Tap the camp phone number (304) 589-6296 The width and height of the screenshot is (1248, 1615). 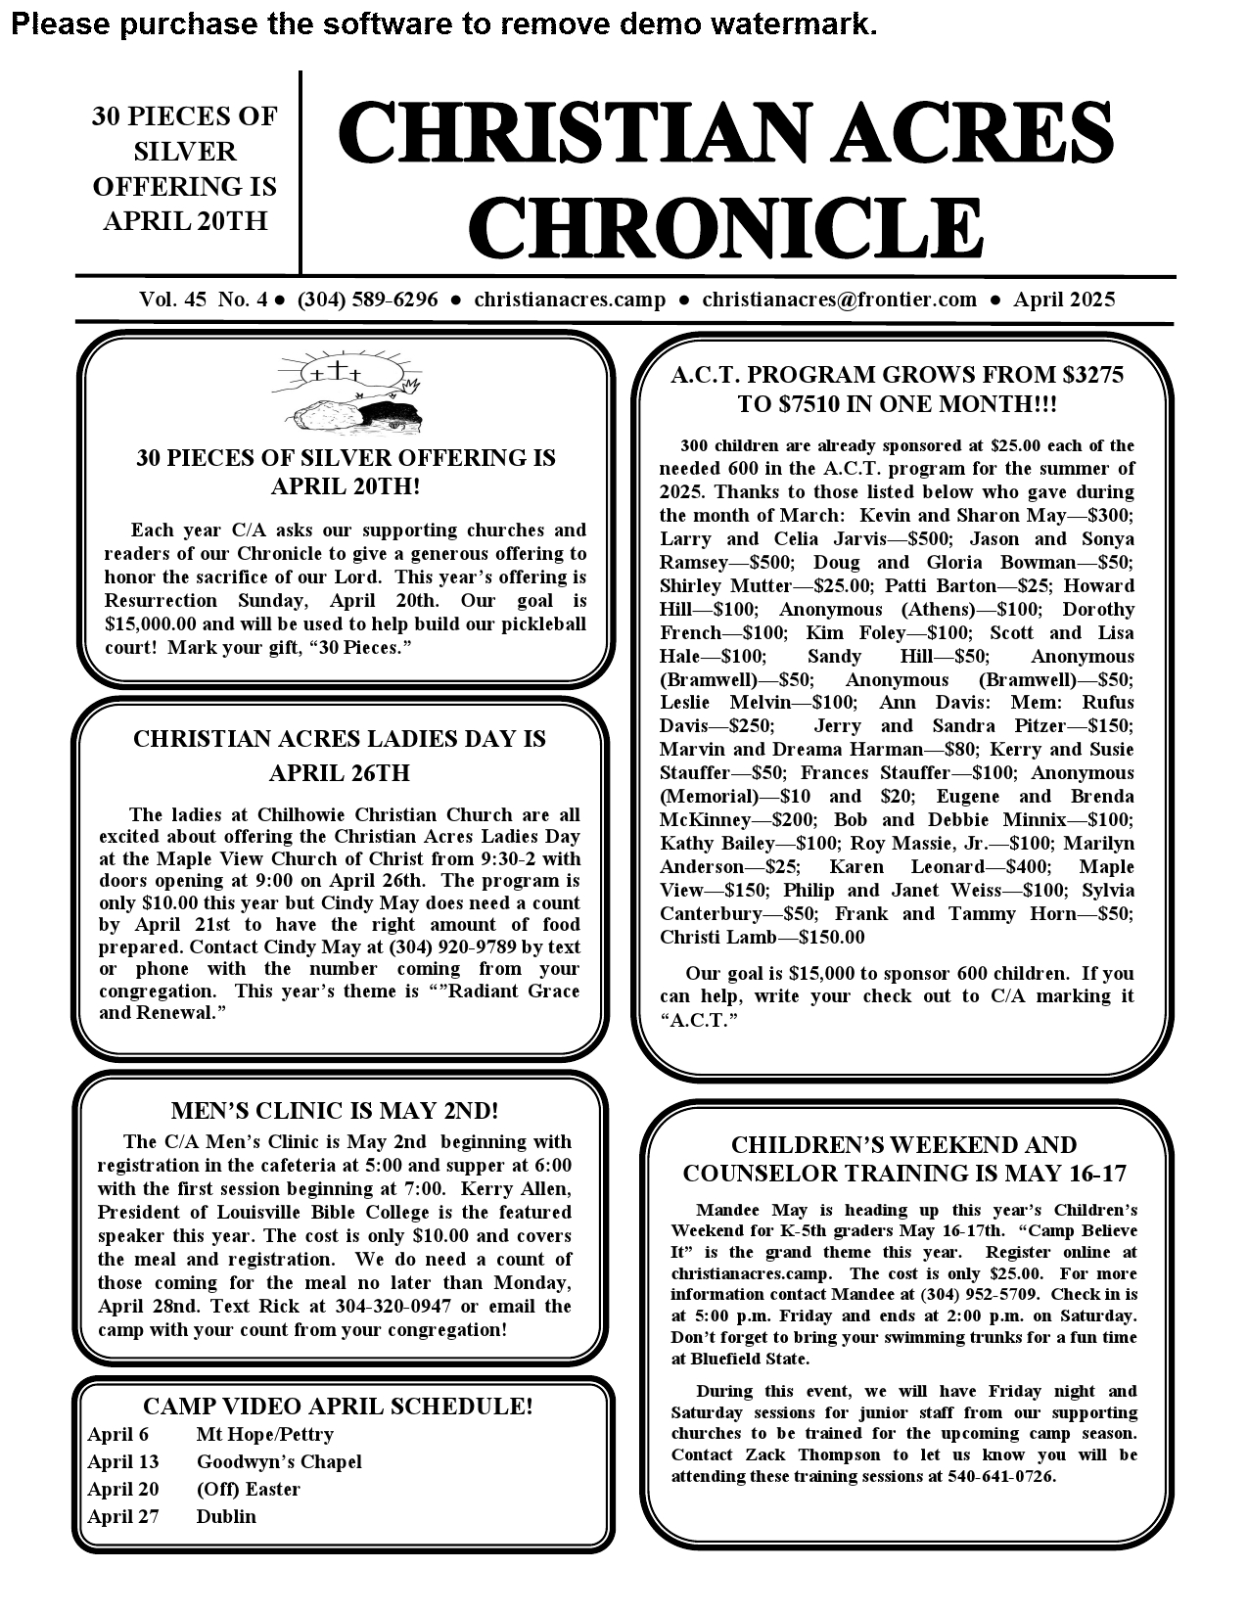click(367, 300)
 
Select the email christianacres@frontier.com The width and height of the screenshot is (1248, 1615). click(839, 300)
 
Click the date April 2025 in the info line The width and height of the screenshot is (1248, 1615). click(1063, 300)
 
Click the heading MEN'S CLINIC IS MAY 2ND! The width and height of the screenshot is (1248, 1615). click(335, 1110)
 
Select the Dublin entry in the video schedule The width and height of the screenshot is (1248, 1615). click(226, 1516)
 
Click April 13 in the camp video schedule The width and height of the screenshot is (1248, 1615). click(122, 1461)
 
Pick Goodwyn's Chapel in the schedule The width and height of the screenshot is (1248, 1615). click(279, 1461)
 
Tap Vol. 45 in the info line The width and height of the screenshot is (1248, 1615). click(172, 300)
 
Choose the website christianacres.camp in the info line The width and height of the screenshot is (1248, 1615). click(570, 300)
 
